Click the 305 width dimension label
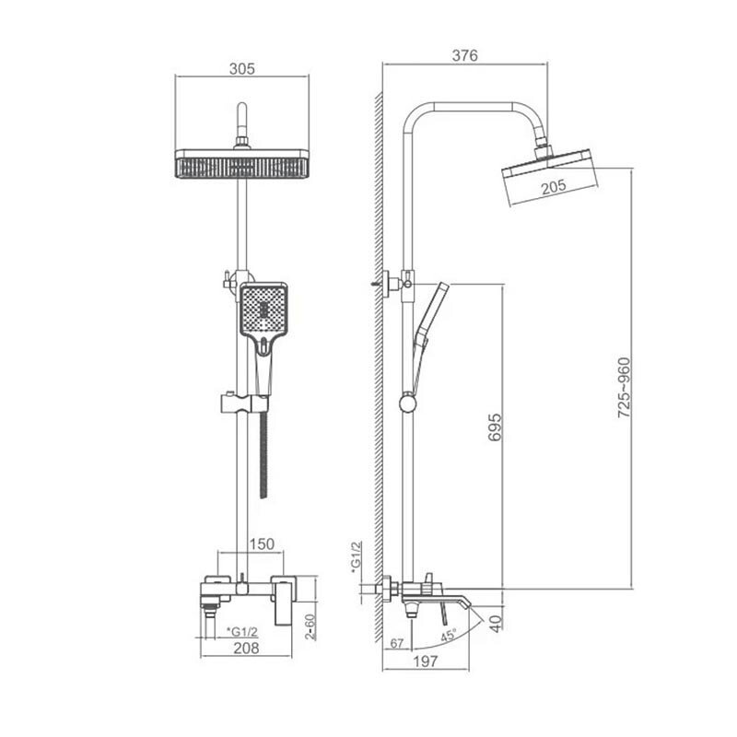tap(242, 68)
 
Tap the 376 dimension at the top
tap(465, 55)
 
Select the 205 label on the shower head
tap(554, 187)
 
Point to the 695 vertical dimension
tap(495, 427)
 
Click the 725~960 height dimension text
tap(624, 388)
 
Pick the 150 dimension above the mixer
tap(262, 544)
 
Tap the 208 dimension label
tap(246, 649)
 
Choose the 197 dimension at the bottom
tap(426, 661)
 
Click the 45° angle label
tap(448, 636)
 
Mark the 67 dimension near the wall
tap(397, 643)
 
